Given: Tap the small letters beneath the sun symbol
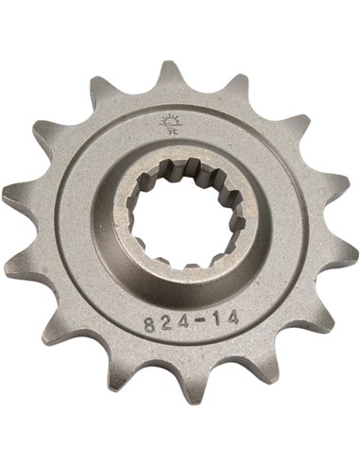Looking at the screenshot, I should [171, 134].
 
